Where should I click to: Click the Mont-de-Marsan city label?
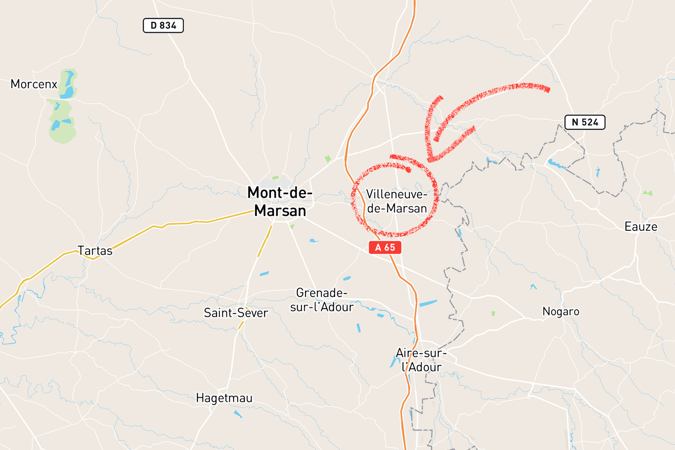[x=280, y=202]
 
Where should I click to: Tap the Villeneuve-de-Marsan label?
[x=396, y=201]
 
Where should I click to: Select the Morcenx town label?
[x=34, y=84]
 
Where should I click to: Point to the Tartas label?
[x=95, y=251]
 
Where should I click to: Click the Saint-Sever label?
[x=236, y=313]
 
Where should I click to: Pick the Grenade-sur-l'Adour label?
[x=322, y=300]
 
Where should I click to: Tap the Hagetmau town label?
[x=224, y=398]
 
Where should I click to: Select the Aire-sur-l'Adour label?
[x=421, y=360]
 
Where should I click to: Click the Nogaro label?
[x=561, y=311]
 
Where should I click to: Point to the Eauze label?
[x=641, y=226]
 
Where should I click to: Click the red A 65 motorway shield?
[x=385, y=247]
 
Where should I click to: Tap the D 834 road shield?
[x=163, y=26]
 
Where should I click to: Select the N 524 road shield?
[x=585, y=122]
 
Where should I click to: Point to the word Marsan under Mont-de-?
[x=280, y=211]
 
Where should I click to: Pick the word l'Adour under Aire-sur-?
[x=422, y=367]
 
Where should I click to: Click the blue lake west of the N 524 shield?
[x=556, y=165]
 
